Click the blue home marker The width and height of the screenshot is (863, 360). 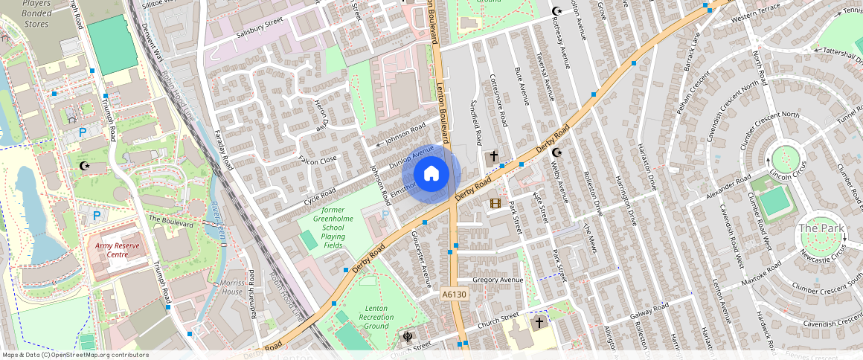(x=431, y=174)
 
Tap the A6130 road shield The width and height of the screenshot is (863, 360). (x=454, y=295)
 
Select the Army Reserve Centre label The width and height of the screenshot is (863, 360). (x=117, y=249)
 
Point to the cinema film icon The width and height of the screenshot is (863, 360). (x=495, y=203)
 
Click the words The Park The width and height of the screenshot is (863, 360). (x=818, y=227)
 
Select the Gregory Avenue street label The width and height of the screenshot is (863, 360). (x=498, y=280)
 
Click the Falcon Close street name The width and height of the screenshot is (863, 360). (x=318, y=159)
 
